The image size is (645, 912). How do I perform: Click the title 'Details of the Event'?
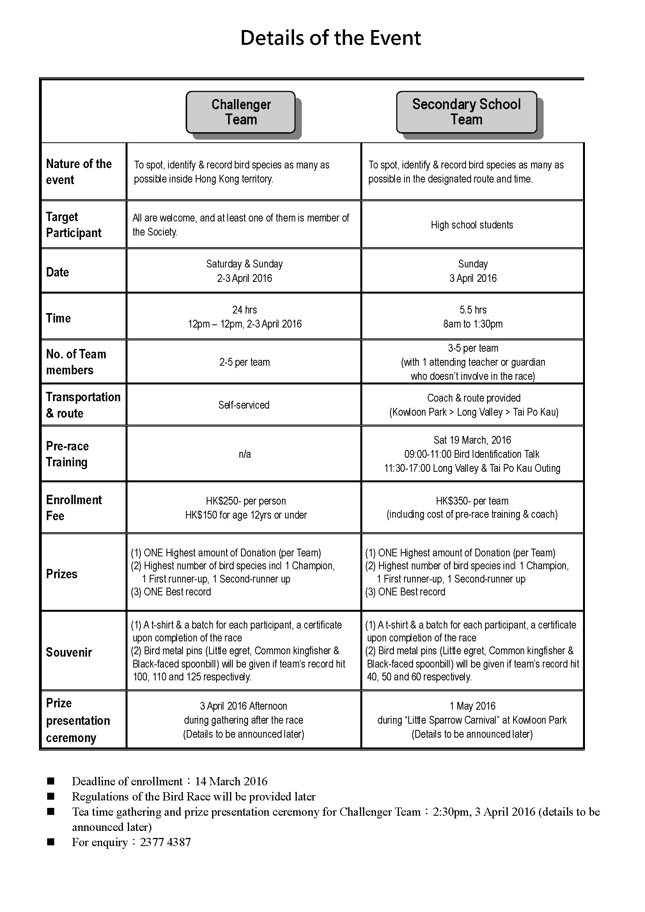(x=330, y=38)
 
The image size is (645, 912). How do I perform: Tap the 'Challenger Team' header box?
(x=241, y=112)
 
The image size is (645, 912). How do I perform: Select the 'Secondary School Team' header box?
(x=466, y=112)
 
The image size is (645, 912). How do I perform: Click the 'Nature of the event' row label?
(x=79, y=172)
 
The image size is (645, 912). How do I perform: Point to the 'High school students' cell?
(x=472, y=225)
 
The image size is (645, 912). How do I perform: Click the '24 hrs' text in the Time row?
(x=245, y=310)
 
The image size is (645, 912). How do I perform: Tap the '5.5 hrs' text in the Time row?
(x=473, y=310)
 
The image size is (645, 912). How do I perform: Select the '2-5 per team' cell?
(x=245, y=362)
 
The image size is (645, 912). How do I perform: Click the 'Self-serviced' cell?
(x=244, y=405)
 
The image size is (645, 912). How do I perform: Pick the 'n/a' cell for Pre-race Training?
(x=245, y=454)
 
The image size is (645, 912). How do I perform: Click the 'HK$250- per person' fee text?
(x=246, y=501)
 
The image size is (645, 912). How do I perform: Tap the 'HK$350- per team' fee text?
(x=472, y=501)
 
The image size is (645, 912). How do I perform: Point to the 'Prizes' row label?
(x=62, y=574)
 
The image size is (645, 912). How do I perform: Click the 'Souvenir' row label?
(x=69, y=652)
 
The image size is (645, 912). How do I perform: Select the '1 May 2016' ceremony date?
(x=472, y=706)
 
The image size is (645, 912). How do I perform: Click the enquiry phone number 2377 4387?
(x=165, y=842)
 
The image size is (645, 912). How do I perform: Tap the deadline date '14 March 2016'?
(x=231, y=781)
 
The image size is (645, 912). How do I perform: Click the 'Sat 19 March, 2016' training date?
(x=472, y=440)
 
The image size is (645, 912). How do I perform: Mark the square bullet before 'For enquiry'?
(x=50, y=842)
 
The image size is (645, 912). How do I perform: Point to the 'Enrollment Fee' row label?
(x=74, y=508)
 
